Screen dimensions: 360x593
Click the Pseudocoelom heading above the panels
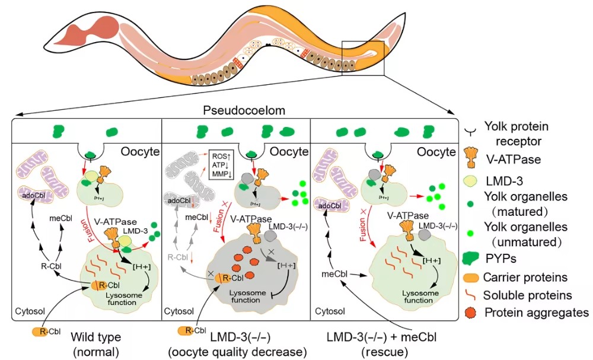[x=235, y=111]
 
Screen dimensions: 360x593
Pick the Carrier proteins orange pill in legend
[x=471, y=276]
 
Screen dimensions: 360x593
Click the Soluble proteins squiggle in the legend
[x=470, y=295]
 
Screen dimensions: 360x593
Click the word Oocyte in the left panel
[x=140, y=152]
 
